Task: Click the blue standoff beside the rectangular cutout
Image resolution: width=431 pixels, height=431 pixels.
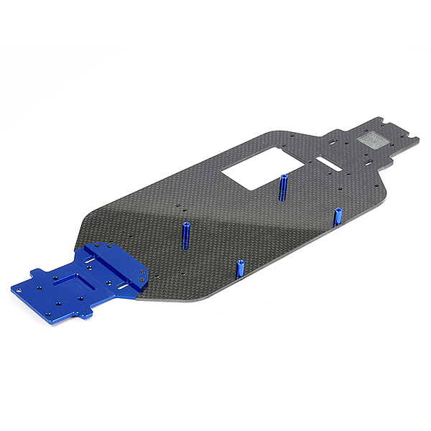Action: coord(284,186)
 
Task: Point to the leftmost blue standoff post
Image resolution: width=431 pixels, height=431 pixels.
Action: coord(185,236)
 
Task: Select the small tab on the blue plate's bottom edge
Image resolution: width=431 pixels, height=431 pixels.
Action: coord(85,314)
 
